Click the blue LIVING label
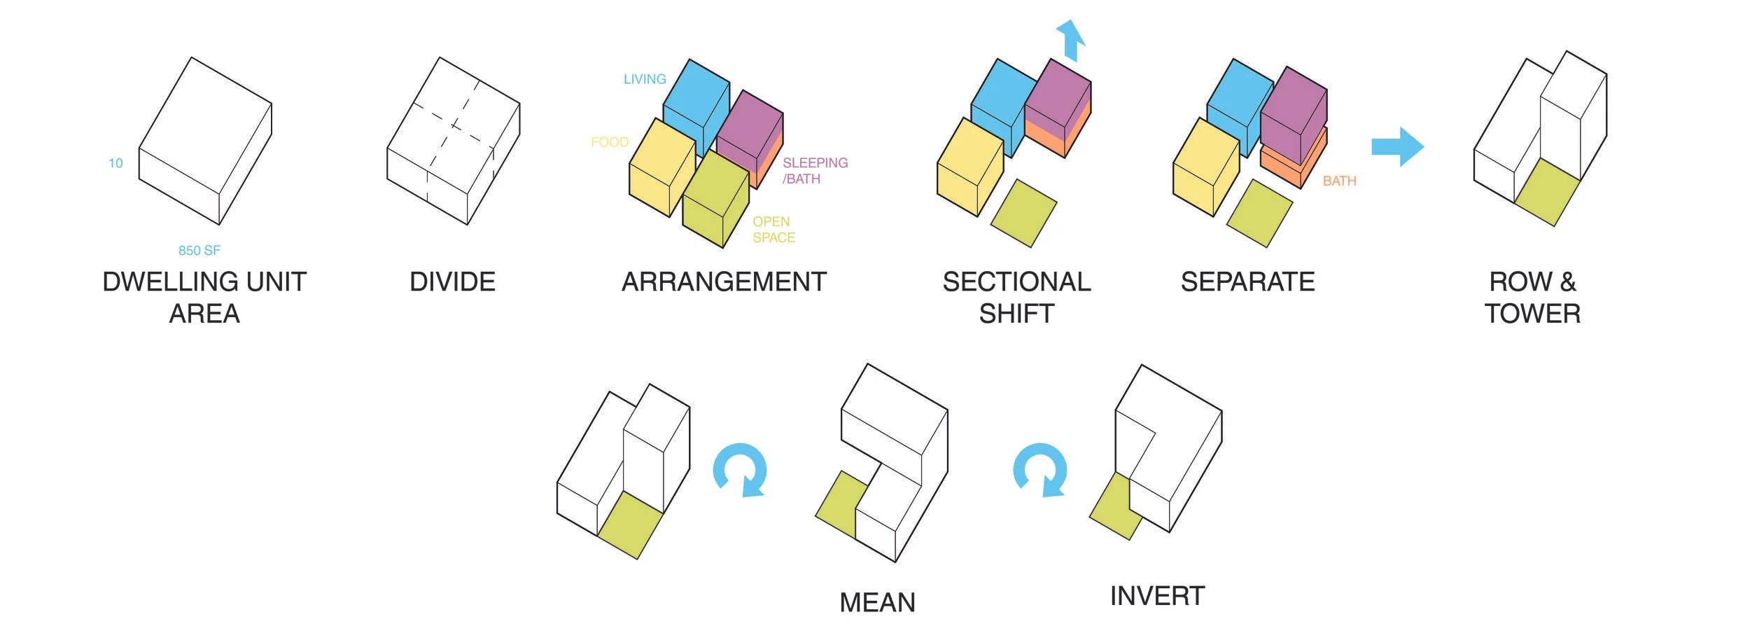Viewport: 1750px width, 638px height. click(644, 79)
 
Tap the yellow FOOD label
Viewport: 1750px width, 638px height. click(609, 142)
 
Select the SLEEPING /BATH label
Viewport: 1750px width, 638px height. click(814, 170)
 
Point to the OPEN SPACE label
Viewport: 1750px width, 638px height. click(773, 230)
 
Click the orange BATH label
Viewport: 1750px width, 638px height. click(1339, 181)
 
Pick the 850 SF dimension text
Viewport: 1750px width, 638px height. click(199, 250)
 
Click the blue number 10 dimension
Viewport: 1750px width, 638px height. click(115, 163)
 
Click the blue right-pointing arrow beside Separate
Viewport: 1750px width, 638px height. click(1397, 146)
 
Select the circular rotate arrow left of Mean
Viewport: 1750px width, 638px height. click(740, 470)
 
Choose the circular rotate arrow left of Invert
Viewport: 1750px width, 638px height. click(1040, 470)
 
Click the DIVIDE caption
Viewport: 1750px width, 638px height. click(452, 282)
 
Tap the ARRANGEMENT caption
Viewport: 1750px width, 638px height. click(724, 282)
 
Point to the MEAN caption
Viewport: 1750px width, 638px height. click(877, 602)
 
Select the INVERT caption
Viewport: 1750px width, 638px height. click(1157, 596)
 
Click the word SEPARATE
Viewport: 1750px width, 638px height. click(1247, 282)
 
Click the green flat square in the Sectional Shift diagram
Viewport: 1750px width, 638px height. click(1023, 213)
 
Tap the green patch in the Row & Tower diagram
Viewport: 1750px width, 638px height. click(1547, 192)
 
